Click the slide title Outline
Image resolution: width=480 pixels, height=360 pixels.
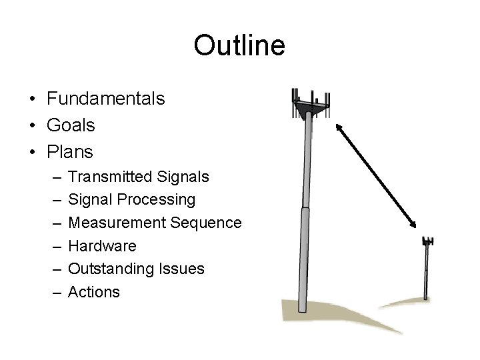pyautogui.click(x=239, y=45)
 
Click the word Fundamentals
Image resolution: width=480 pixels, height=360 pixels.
pyautogui.click(x=106, y=99)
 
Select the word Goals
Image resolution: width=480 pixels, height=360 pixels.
pyautogui.click(x=71, y=125)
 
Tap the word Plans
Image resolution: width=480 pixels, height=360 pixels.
pyautogui.click(x=70, y=152)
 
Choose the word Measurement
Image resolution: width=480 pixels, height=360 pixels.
pyautogui.click(x=117, y=223)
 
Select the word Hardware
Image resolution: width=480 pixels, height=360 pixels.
pyautogui.click(x=103, y=246)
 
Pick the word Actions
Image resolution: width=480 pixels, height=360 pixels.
pyautogui.click(x=94, y=292)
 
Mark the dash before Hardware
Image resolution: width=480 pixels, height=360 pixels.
pyautogui.click(x=53, y=247)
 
